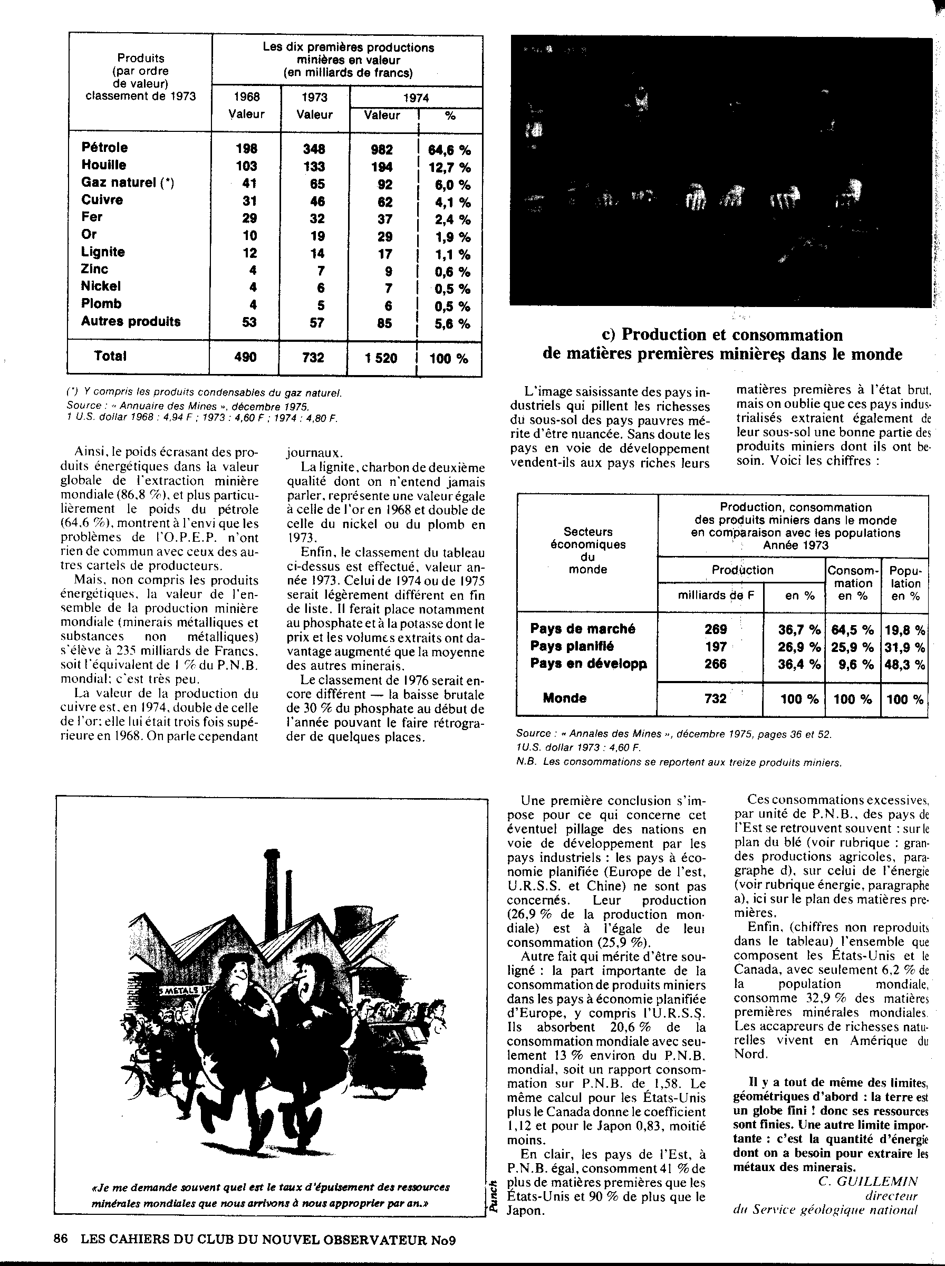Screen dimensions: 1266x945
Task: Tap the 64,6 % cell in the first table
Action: [x=449, y=150]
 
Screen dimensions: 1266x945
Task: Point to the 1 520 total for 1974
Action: [x=381, y=358]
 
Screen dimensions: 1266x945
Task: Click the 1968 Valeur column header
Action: [x=247, y=105]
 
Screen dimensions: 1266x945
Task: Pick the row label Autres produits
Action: [x=130, y=321]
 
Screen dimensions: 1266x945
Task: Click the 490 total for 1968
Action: [x=245, y=357]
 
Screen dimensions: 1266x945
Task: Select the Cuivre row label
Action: [x=102, y=199]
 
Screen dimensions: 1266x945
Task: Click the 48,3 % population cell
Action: [x=905, y=664]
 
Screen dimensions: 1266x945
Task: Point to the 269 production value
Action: [x=715, y=629]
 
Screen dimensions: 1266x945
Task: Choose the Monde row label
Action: [x=564, y=698]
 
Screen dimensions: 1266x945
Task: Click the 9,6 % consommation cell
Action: [x=852, y=664]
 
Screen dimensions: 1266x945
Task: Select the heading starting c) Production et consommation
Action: [x=722, y=344]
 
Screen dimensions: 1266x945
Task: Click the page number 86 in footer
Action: [x=61, y=1239]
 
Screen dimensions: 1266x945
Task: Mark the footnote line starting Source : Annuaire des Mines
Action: [x=188, y=406]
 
